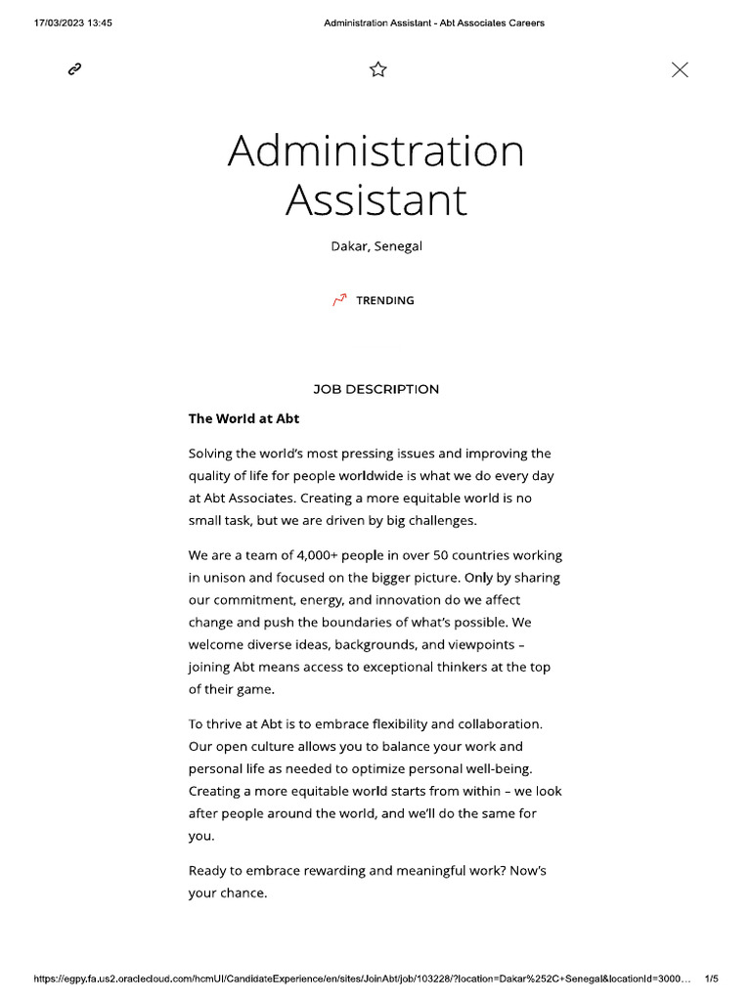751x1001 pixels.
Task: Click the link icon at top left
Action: pos(74,68)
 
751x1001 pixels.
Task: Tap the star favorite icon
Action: pos(378,68)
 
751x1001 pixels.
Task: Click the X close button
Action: pos(680,68)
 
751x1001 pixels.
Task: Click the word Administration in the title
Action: pos(375,152)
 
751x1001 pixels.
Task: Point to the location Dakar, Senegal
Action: pos(375,246)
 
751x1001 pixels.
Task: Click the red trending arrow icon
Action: pos(339,300)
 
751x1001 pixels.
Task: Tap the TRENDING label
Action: pos(384,300)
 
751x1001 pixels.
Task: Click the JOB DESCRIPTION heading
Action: pos(375,389)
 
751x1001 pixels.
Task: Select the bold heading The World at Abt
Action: pos(243,418)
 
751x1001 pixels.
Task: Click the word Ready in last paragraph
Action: pos(208,870)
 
